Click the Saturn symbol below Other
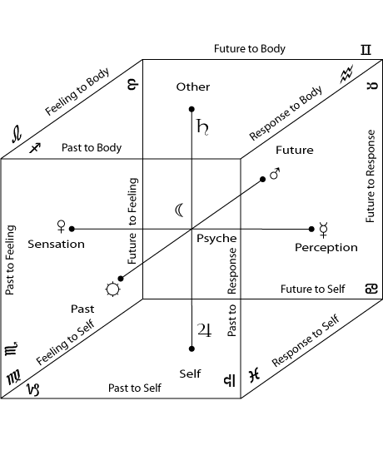click(202, 127)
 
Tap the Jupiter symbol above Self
click(205, 330)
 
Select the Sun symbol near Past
click(112, 289)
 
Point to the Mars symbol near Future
click(275, 174)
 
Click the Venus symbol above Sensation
click(61, 226)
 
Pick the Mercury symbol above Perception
click(323, 230)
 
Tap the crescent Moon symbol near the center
click(179, 210)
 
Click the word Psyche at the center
click(216, 239)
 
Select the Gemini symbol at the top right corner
click(366, 50)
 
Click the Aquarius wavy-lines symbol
click(346, 73)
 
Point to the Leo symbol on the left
click(17, 134)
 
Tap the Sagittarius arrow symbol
click(35, 147)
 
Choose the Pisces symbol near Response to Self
click(255, 375)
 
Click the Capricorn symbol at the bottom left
click(33, 389)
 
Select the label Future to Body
click(250, 48)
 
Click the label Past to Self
click(135, 388)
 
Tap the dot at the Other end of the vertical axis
click(191, 110)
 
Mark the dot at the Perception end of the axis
click(311, 229)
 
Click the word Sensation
click(56, 244)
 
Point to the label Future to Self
click(312, 289)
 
